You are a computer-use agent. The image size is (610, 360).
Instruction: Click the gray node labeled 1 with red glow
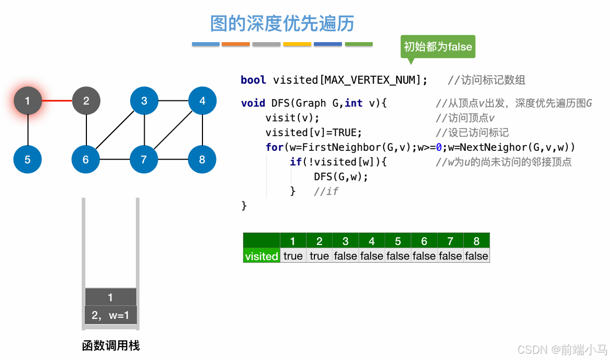(x=28, y=101)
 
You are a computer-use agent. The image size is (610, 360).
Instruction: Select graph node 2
(x=86, y=101)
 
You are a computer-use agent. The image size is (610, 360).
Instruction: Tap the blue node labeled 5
(x=28, y=159)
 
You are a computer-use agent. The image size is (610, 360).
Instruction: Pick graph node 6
(x=86, y=159)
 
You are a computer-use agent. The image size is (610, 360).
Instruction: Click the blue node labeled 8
(x=202, y=159)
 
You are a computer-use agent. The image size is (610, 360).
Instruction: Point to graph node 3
(x=144, y=101)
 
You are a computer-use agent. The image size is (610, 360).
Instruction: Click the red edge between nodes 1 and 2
(x=57, y=101)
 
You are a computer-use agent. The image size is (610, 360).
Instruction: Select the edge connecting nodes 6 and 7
(x=115, y=159)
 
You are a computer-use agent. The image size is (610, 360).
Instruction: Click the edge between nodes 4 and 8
(x=202, y=130)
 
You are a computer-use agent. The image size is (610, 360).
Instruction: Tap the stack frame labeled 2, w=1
(x=110, y=315)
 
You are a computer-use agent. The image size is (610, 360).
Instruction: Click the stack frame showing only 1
(x=110, y=297)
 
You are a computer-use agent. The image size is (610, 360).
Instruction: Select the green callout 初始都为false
(x=438, y=47)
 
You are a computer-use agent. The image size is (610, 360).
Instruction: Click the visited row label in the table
(x=261, y=256)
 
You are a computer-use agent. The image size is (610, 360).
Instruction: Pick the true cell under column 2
(x=319, y=256)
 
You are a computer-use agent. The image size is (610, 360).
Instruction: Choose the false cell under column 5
(x=398, y=256)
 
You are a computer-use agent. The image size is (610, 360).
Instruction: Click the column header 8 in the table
(x=476, y=241)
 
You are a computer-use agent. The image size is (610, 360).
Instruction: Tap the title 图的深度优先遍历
(x=282, y=23)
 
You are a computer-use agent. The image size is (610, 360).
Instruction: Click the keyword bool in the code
(x=253, y=80)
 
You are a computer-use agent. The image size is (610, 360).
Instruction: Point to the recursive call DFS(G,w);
(x=341, y=176)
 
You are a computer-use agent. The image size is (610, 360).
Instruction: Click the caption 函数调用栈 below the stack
(x=110, y=345)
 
